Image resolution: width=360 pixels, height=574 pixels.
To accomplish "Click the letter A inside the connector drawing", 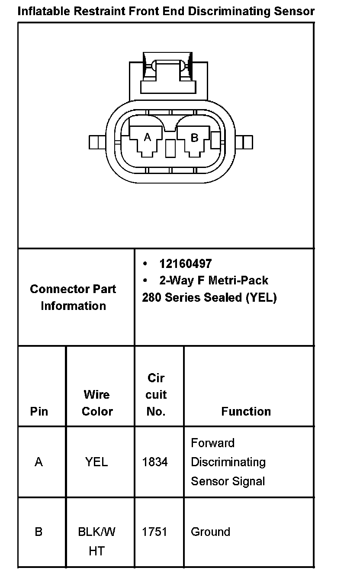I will coord(148,137).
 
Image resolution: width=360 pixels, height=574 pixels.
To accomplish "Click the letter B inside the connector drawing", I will coord(194,138).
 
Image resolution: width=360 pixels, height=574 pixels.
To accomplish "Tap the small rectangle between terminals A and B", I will coord(170,148).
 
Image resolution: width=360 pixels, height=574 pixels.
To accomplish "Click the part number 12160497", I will coord(185,264).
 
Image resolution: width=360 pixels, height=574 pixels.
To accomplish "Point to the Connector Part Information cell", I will coord(73,297).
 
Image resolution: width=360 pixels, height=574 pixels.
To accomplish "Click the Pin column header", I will coord(39,411).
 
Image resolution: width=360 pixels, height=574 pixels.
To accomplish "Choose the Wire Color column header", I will coord(97,403).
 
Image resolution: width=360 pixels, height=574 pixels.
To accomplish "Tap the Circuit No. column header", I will coord(156,394).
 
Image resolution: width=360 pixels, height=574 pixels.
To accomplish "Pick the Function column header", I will coord(246,411).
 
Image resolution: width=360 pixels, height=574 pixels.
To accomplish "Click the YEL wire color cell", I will coord(96,462).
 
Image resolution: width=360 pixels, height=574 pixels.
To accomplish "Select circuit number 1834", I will coord(155,462).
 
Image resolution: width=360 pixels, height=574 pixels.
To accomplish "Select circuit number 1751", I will coord(154,532).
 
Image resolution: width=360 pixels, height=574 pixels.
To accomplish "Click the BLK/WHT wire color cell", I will coord(96,541).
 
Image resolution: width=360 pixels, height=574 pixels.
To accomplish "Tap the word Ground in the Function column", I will coord(210,532).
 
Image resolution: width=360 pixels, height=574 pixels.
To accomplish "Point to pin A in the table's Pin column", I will coord(39,462).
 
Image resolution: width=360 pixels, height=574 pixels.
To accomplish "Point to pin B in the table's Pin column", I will coord(39,532).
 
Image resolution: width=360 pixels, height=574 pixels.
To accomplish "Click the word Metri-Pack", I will coord(238,281).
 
